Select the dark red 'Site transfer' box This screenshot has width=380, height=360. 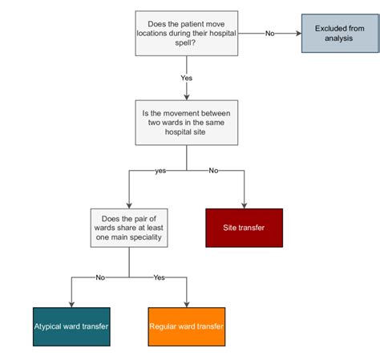tap(245, 228)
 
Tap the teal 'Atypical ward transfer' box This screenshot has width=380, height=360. tap(71, 326)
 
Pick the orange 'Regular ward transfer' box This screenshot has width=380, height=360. tap(187, 326)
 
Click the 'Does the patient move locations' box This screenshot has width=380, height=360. tap(187, 33)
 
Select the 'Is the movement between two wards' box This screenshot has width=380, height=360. tap(187, 122)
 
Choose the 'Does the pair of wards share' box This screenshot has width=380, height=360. tap(129, 228)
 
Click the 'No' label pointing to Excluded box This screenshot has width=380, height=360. tap(269, 34)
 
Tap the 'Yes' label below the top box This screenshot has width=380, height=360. tap(187, 78)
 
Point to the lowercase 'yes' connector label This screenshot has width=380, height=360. tap(160, 171)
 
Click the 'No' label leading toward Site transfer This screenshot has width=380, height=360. tap(213, 171)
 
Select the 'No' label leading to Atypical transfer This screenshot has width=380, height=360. tap(100, 277)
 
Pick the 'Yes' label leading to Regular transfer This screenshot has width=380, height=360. tap(159, 277)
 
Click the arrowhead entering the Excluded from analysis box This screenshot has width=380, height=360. tap(297, 34)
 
